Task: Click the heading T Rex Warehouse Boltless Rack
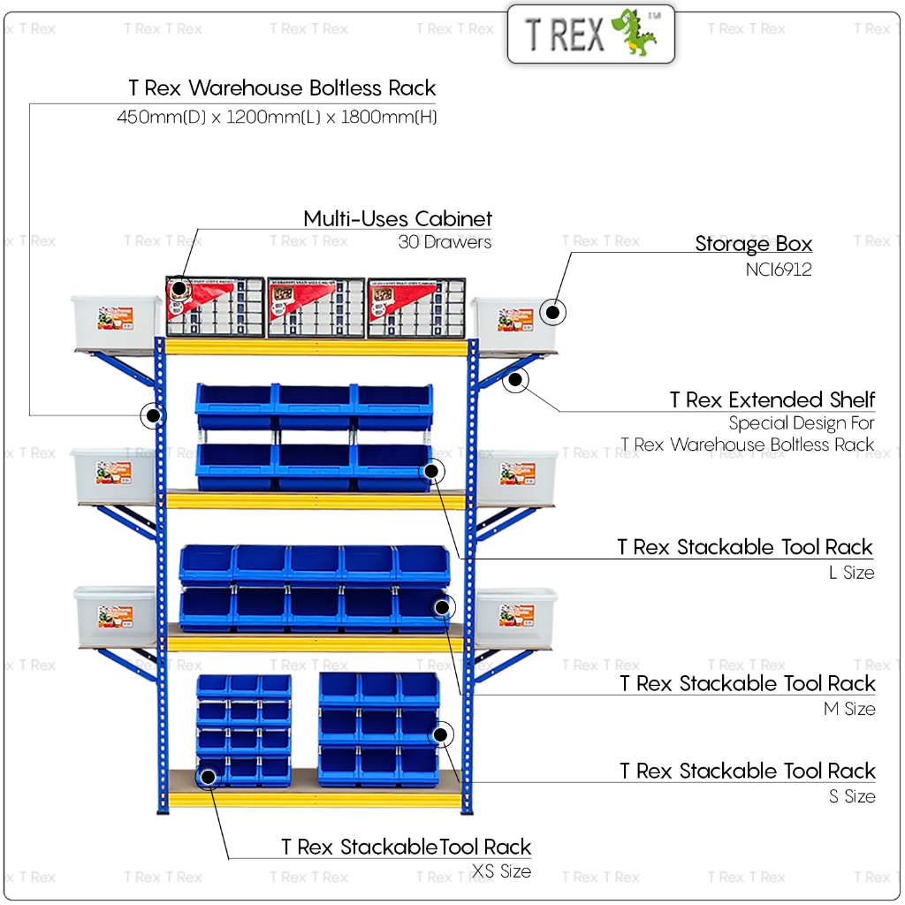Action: pyautogui.click(x=282, y=88)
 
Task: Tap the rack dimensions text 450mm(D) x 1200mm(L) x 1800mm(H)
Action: pyautogui.click(x=277, y=117)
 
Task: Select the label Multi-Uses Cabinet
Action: pyautogui.click(x=398, y=219)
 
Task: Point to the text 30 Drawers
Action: pyautogui.click(x=445, y=242)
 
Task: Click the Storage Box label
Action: pyautogui.click(x=753, y=244)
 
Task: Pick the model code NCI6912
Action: pyautogui.click(x=778, y=270)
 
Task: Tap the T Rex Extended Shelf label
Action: pyautogui.click(x=772, y=399)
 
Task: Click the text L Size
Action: pyautogui.click(x=851, y=573)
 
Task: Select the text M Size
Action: pyautogui.click(x=849, y=709)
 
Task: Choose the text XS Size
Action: pyautogui.click(x=502, y=872)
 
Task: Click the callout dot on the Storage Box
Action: pyautogui.click(x=552, y=312)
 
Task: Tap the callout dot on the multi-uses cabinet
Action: pyautogui.click(x=179, y=288)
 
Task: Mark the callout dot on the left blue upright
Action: pyautogui.click(x=154, y=414)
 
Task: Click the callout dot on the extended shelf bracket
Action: pyautogui.click(x=515, y=380)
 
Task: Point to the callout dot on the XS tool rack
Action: pyautogui.click(x=209, y=778)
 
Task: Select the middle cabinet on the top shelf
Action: pyautogui.click(x=316, y=308)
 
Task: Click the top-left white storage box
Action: pyautogui.click(x=116, y=322)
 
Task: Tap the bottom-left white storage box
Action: pyautogui.click(x=115, y=617)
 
